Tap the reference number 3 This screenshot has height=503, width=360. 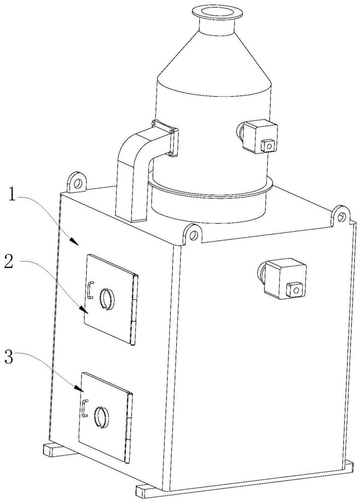click(9, 357)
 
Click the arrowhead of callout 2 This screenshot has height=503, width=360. click(84, 310)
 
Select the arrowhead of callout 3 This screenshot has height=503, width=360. click(80, 389)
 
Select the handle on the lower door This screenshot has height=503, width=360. click(85, 408)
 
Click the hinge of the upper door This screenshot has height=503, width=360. click(134, 310)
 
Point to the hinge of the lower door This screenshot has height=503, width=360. click(129, 428)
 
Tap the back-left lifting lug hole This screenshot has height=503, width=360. click(78, 184)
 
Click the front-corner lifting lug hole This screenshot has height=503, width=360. click(193, 236)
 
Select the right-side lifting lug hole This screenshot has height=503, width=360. click(340, 216)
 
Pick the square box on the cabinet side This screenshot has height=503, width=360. click(284, 279)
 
